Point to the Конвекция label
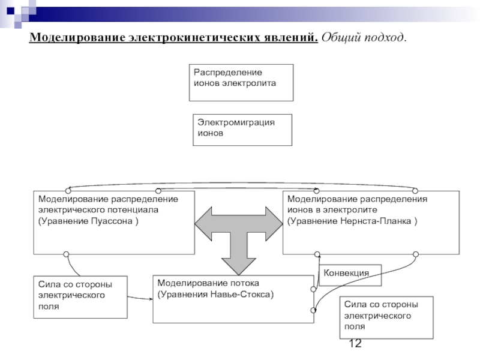346,273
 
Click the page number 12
355,343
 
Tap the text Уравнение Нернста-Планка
351,221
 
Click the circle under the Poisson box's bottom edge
66,254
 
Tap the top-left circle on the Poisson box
68,191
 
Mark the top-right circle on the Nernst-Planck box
415,191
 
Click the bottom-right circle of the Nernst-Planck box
416,254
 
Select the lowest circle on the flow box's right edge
313,310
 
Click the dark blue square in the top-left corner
10,11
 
